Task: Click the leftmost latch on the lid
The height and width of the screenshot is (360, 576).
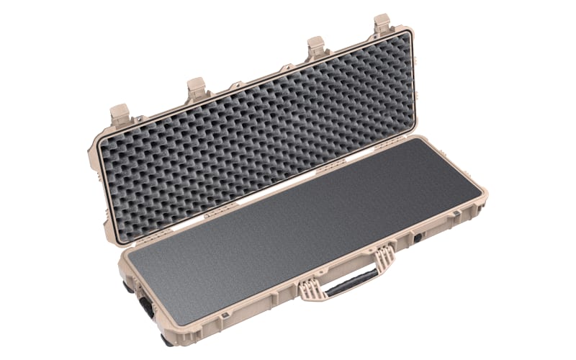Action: pos(119,113)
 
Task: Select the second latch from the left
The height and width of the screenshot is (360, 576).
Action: pos(197,87)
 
